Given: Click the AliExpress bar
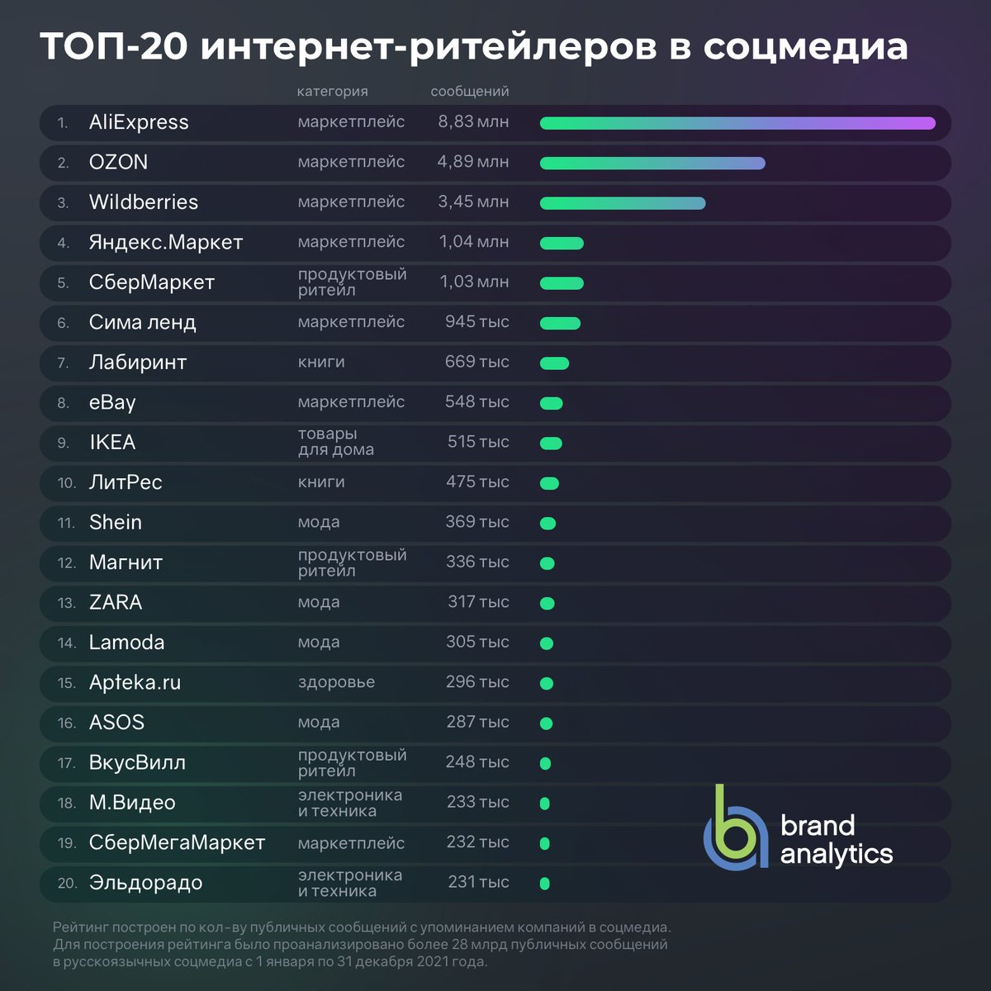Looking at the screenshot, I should click(737, 123).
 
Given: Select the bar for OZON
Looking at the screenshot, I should click(652, 164).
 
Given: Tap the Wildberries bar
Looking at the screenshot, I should click(623, 203).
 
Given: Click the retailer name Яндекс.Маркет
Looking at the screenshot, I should click(166, 243).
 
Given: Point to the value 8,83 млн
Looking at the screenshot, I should click(473, 122).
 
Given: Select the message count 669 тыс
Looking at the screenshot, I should click(477, 362).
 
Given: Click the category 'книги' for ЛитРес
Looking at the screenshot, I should click(321, 482).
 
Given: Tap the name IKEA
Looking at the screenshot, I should click(112, 443).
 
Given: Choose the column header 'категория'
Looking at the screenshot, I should click(332, 92).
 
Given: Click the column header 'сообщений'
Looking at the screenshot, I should click(469, 92).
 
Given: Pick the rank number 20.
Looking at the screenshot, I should click(67, 884).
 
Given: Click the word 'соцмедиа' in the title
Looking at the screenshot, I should click(805, 46).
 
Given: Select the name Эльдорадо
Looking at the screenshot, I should click(145, 883).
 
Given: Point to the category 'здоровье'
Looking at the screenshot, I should click(336, 682).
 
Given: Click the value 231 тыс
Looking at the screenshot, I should click(478, 882).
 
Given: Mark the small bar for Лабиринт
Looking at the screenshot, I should click(554, 363).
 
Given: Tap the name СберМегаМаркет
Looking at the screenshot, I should click(177, 843).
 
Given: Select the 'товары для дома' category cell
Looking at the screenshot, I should click(335, 442).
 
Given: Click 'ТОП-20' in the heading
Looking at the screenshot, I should click(115, 46).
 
